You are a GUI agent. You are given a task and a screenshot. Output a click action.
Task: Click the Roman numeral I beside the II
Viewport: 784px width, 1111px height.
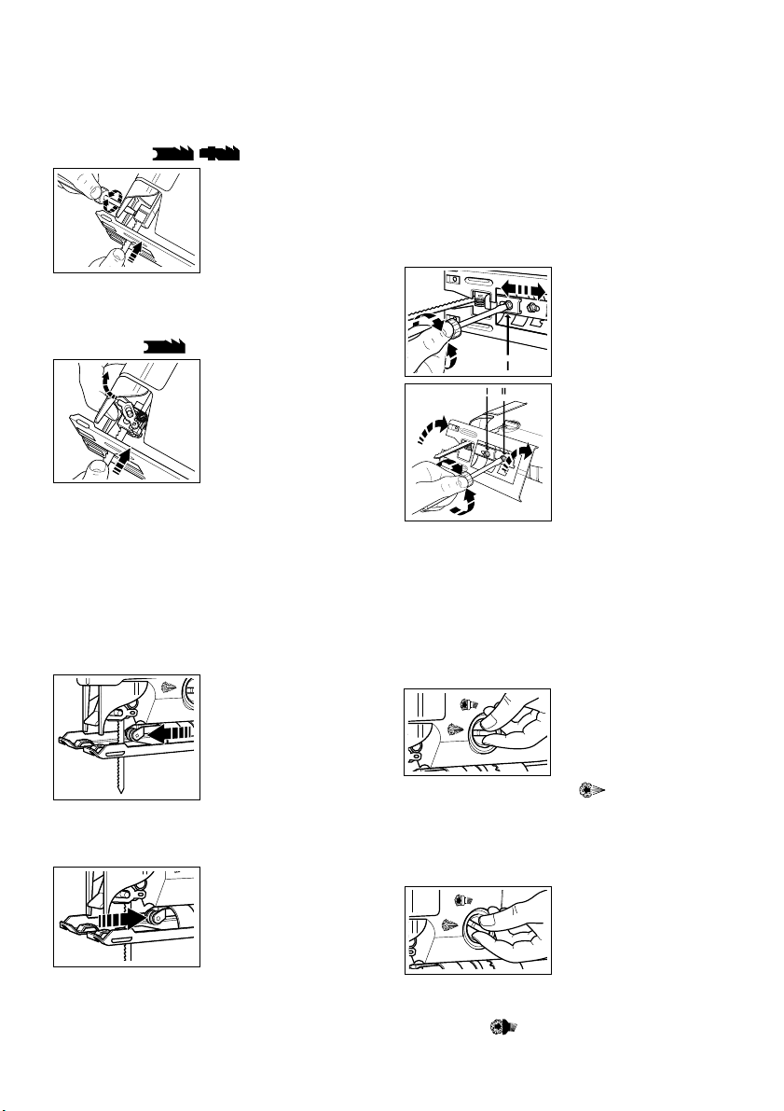tap(488, 388)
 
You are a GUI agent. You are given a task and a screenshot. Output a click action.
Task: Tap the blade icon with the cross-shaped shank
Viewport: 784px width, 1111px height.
tap(219, 151)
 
